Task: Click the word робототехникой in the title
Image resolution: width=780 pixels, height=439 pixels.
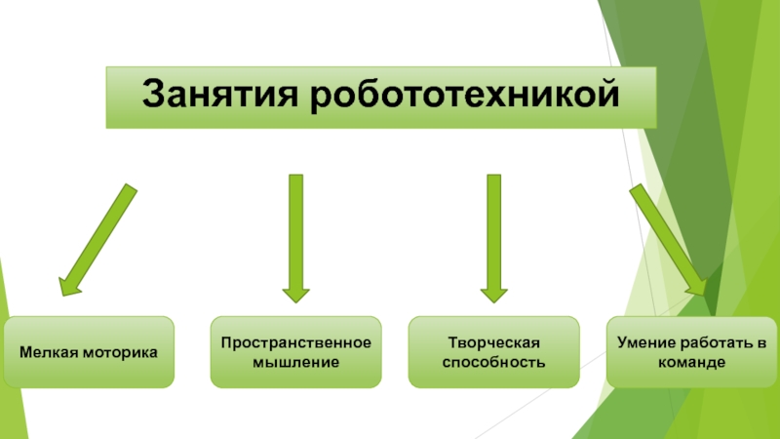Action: pos(466,96)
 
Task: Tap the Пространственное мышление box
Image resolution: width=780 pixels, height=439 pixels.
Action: pos(296,352)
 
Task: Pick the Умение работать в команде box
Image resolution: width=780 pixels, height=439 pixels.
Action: pos(691,352)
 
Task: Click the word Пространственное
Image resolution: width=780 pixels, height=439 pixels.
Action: pos(296,343)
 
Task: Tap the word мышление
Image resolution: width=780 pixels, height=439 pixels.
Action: pos(296,362)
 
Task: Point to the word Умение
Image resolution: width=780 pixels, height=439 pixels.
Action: pos(645,343)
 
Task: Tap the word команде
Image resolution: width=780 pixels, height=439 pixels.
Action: pos(691,362)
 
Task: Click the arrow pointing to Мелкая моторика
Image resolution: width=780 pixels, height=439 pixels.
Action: pos(97,239)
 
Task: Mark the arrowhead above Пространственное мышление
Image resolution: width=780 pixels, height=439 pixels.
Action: pos(295,292)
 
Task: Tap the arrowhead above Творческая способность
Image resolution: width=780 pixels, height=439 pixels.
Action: pos(494,292)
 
